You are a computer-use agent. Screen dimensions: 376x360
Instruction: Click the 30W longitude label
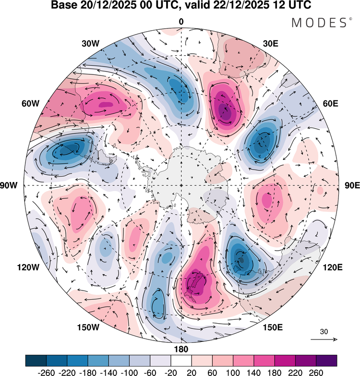click(90, 44)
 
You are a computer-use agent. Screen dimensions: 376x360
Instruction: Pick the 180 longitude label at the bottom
click(181, 349)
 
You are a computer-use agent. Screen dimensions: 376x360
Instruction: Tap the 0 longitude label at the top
click(181, 22)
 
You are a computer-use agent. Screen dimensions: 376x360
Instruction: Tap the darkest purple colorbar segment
click(326, 360)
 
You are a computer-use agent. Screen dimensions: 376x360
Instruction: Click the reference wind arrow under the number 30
click(324, 340)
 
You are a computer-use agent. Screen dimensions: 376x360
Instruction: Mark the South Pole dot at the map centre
click(181, 185)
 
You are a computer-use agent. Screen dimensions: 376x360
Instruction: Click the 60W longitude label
click(30, 104)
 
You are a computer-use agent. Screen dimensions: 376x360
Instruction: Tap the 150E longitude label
click(273, 327)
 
